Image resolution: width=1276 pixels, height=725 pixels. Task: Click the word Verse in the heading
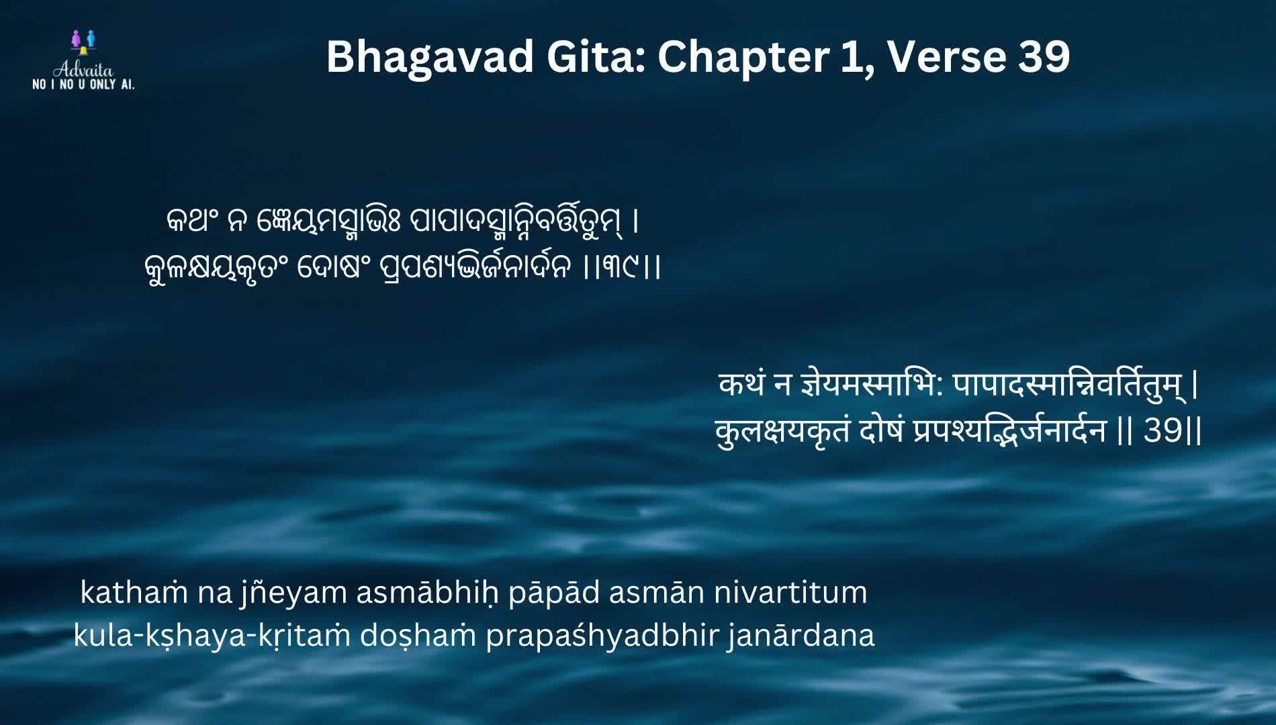[x=946, y=56]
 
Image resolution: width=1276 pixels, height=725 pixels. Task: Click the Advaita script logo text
[x=83, y=70]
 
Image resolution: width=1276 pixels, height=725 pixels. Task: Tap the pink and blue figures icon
[x=83, y=41]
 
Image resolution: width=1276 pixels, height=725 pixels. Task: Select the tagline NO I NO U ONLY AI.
[x=83, y=85]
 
